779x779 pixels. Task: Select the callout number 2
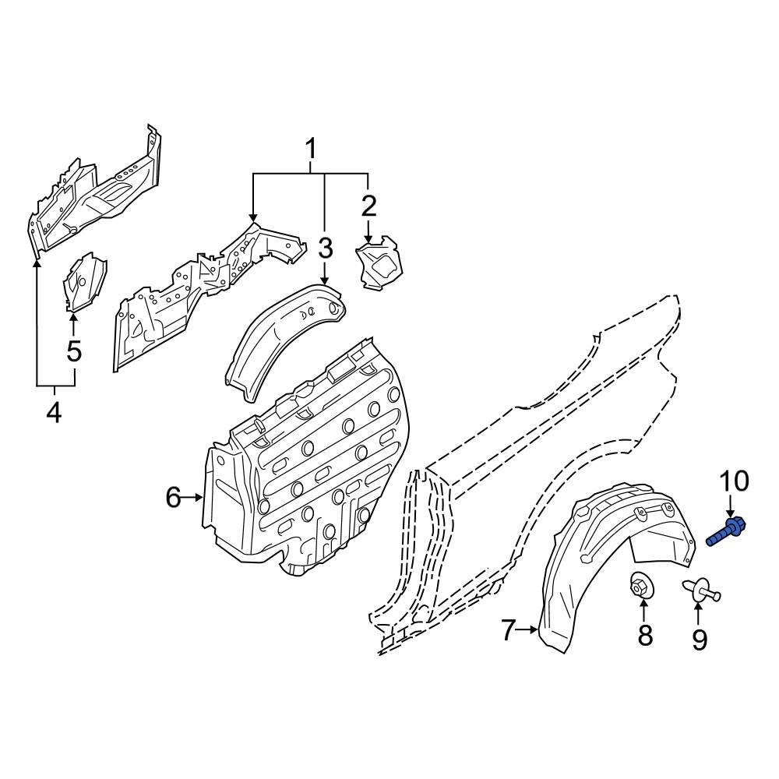[x=368, y=206]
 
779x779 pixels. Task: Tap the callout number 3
[x=326, y=249]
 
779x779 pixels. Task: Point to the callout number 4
[x=53, y=411]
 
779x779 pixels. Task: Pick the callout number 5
[x=74, y=351]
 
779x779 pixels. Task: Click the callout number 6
[x=173, y=496]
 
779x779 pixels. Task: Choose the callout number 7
[x=508, y=629]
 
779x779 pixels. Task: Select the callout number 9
[x=699, y=640]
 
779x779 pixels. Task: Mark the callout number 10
[x=733, y=481]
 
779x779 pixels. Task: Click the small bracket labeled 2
[x=379, y=266]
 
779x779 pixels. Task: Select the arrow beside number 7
[x=530, y=629]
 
